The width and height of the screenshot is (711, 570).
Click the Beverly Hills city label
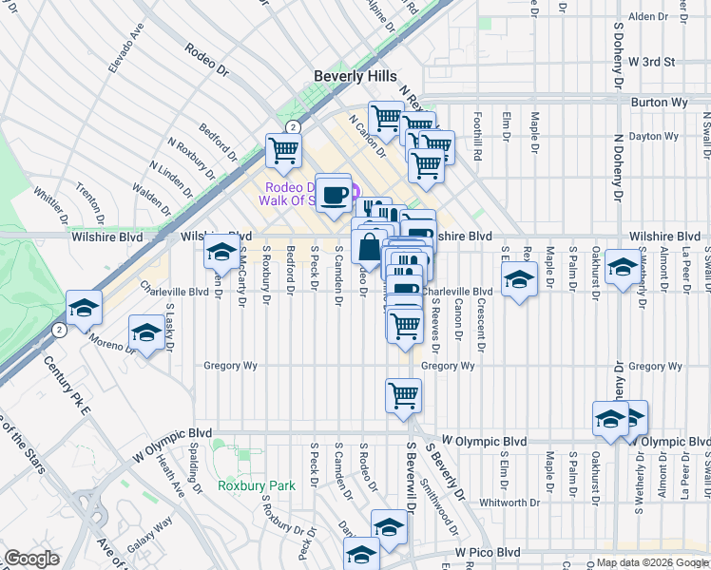[355, 76]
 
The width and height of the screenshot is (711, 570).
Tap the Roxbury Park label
[257, 485]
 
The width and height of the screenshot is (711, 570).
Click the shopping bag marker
[368, 246]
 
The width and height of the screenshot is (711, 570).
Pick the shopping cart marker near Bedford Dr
[283, 150]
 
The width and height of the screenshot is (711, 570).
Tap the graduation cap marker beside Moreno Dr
[146, 333]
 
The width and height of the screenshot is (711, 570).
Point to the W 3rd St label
[651, 62]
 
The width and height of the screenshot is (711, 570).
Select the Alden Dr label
[648, 17]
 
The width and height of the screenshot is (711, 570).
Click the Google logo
[31, 559]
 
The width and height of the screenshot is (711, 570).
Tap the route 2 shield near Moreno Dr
[59, 330]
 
